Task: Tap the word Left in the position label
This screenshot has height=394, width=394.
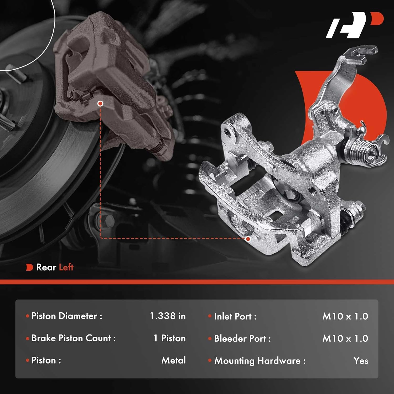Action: coord(66,267)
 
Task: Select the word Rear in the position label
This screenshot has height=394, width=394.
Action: coord(46,267)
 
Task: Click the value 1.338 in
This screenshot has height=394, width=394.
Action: coord(168,316)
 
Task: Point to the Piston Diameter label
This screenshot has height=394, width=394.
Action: coord(67,316)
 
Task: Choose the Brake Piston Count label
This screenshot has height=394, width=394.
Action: coord(74,338)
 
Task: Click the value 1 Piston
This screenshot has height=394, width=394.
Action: coord(170,338)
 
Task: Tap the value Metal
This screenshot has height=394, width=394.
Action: coord(174,360)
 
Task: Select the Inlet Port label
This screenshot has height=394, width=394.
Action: coord(235,316)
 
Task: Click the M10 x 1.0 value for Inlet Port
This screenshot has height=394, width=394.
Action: coord(345,316)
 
